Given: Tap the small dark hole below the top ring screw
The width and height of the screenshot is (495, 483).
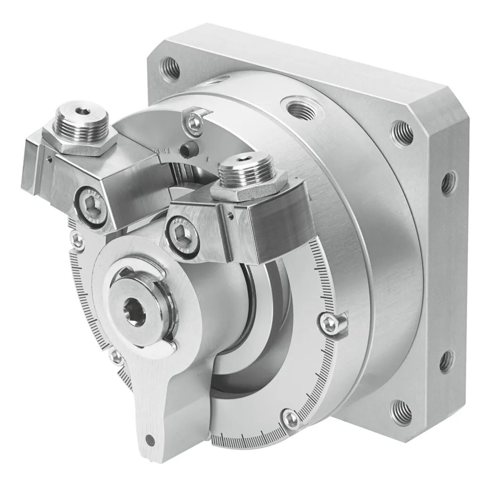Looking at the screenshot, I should pyautogui.click(x=189, y=150).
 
